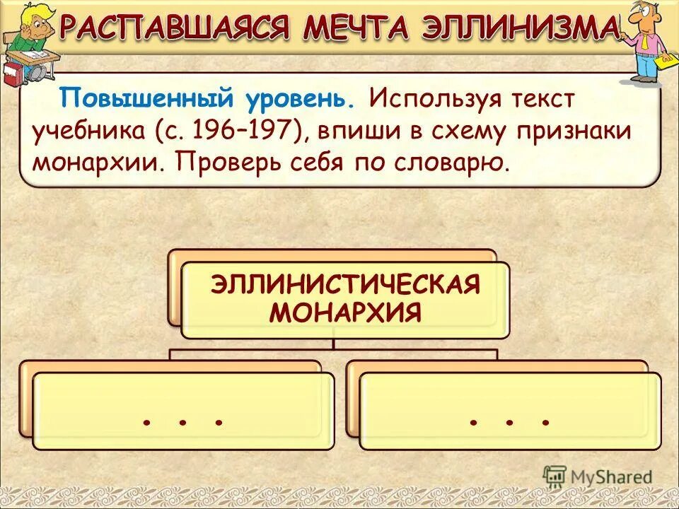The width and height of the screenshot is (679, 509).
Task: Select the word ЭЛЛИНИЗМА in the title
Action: click(x=520, y=28)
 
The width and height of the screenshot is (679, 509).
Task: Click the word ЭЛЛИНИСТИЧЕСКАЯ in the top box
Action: click(x=345, y=285)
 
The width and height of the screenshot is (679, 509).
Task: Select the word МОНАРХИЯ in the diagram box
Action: click(x=345, y=312)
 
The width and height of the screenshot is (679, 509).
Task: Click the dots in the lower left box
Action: click(x=183, y=422)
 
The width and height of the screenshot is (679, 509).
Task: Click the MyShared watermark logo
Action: click(x=598, y=476)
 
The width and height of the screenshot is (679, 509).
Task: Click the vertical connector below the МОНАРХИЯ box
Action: click(x=334, y=344)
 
